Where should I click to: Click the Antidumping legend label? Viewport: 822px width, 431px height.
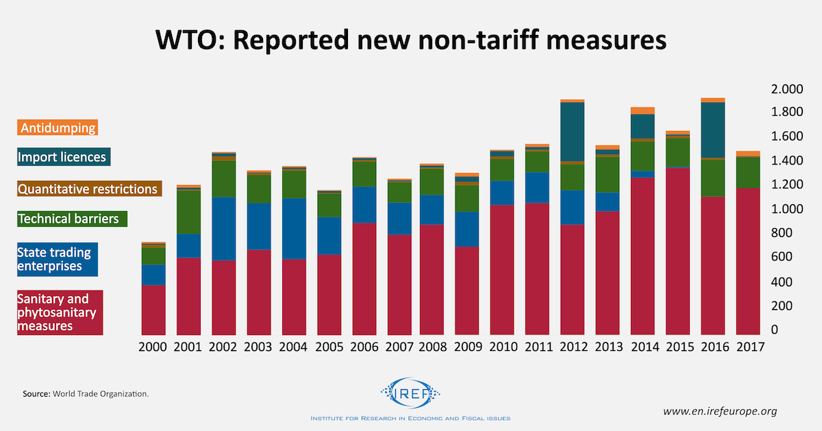click(58, 127)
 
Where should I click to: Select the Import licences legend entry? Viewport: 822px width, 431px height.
click(63, 157)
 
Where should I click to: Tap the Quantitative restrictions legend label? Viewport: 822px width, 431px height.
click(88, 188)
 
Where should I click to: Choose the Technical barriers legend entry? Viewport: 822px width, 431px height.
click(68, 219)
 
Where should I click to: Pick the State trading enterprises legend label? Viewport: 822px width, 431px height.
click(58, 259)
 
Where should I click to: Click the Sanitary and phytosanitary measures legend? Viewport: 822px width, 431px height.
click(60, 312)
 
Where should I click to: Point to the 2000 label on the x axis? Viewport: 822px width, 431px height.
click(153, 347)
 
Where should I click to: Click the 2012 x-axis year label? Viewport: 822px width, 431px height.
click(572, 347)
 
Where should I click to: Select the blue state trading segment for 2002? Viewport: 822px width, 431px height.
click(223, 229)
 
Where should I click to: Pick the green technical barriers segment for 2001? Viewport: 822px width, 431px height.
click(188, 212)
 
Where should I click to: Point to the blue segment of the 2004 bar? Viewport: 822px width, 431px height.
click(292, 229)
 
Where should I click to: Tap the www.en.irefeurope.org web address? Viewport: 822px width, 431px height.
click(720, 411)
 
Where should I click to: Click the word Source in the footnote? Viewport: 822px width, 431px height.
click(36, 394)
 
